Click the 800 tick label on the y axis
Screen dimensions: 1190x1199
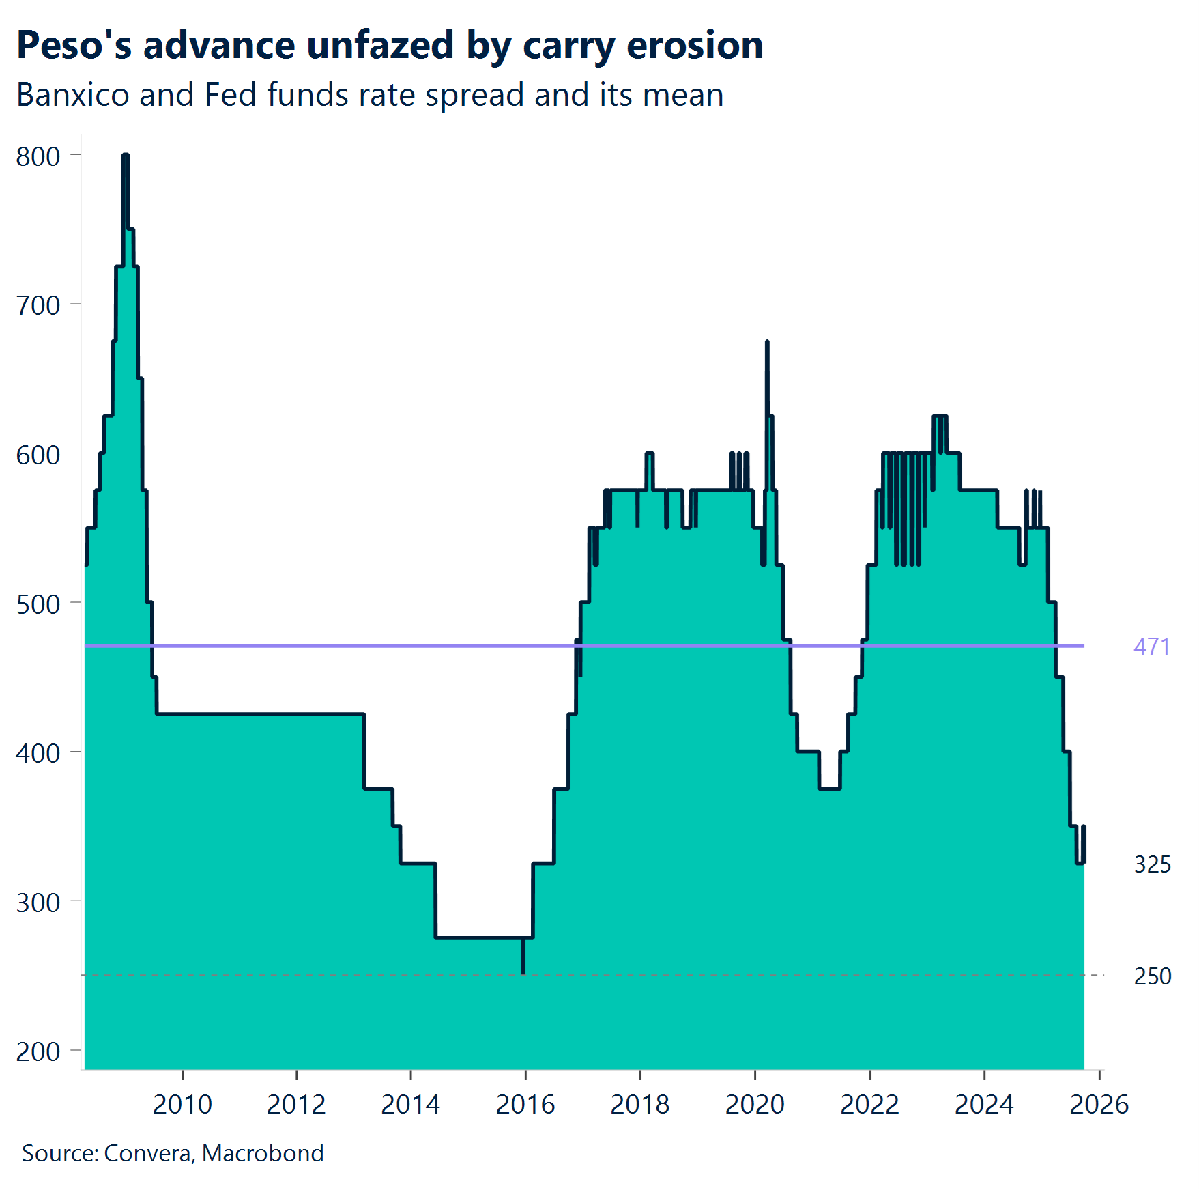tap(38, 156)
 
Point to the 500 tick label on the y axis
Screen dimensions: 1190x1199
tap(38, 604)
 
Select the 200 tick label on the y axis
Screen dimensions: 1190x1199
tap(38, 1051)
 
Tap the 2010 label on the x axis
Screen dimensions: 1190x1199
tap(182, 1104)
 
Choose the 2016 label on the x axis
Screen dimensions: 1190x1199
tap(525, 1104)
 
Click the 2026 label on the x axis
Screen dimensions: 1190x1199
tap(1099, 1104)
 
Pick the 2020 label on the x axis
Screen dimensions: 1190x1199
tap(755, 1104)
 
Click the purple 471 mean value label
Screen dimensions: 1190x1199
tap(1151, 647)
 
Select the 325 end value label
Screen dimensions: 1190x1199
tap(1152, 864)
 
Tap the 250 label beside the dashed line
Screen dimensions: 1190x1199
tap(1152, 976)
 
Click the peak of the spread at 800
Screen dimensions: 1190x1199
tap(126, 156)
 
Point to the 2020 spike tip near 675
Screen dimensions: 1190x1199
tap(767, 342)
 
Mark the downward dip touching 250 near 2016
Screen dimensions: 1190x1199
tap(523, 972)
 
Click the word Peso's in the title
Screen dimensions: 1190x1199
tap(74, 46)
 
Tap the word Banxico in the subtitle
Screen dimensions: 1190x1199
tap(72, 95)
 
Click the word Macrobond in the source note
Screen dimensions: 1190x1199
tap(263, 1153)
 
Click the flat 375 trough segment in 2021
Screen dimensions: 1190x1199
tap(829, 789)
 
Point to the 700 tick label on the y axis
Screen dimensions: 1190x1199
tap(38, 306)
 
